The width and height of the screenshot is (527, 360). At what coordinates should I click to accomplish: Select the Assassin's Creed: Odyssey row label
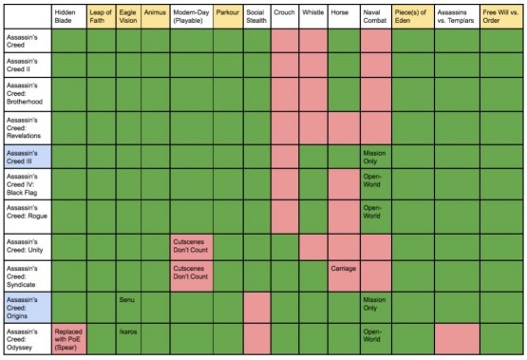[x=27, y=338]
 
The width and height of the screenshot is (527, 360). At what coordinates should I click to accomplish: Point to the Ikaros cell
[x=128, y=333]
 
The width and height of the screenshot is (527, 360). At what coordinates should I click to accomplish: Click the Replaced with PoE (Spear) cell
[x=68, y=338]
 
